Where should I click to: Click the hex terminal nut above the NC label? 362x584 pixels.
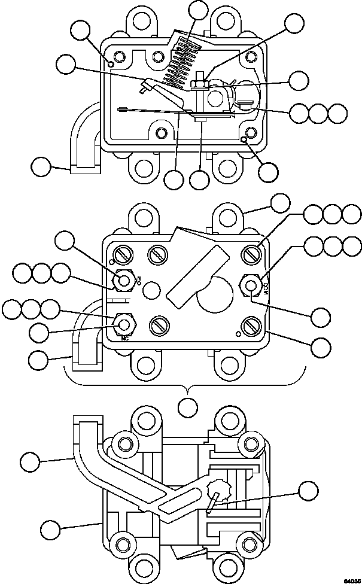tap(123, 324)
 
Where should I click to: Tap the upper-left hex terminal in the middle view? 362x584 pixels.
tap(124, 279)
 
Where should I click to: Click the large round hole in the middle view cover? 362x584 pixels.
tap(215, 293)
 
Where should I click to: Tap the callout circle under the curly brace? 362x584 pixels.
tap(188, 407)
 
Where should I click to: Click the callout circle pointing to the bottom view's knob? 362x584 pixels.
tap(308, 492)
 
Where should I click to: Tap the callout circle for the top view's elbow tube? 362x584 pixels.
tap(41, 166)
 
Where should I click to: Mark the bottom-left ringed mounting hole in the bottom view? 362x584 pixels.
tap(124, 545)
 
